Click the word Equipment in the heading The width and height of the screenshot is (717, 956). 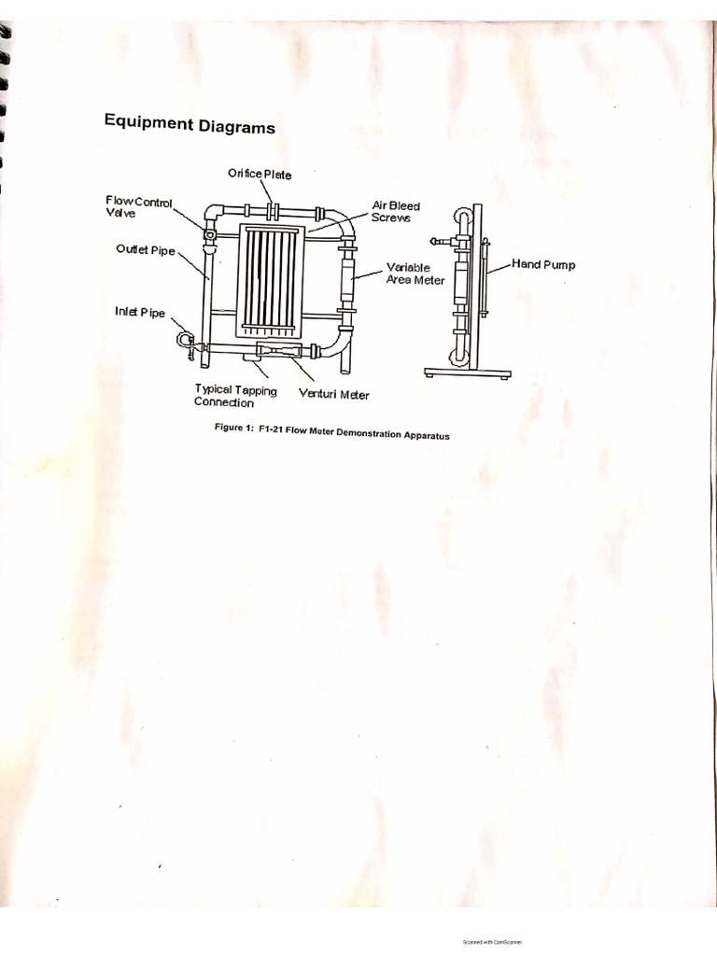point(148,121)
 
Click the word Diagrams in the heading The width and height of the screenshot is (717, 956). point(236,126)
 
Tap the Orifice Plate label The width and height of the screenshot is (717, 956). point(260,174)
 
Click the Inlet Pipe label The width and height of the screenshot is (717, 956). point(140,313)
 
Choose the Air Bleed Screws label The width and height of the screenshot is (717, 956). point(396,212)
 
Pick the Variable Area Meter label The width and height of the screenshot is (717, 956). point(415,274)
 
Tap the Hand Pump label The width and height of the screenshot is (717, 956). point(543,264)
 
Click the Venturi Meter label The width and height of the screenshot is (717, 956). point(333,394)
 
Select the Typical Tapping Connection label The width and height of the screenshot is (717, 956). point(235,396)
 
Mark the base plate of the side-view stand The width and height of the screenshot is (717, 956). point(467,373)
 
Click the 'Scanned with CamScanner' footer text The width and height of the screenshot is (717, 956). point(493,942)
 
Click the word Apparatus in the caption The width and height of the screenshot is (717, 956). point(423,435)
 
